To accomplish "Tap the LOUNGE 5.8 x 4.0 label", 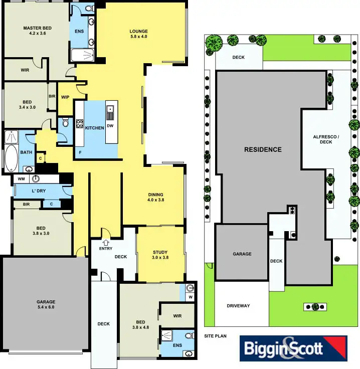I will [139, 34].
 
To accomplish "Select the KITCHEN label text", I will [94, 128].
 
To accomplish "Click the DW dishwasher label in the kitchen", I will [110, 126].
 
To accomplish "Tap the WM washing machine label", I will [21, 179].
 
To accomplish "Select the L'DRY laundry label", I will [39, 192].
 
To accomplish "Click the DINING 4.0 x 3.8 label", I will [156, 197].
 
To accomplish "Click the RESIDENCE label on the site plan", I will [263, 149].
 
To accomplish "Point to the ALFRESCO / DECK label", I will [326, 139].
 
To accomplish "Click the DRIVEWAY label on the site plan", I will [238, 306].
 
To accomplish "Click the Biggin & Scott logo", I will [293, 348].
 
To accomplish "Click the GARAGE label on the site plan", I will [242, 254].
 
